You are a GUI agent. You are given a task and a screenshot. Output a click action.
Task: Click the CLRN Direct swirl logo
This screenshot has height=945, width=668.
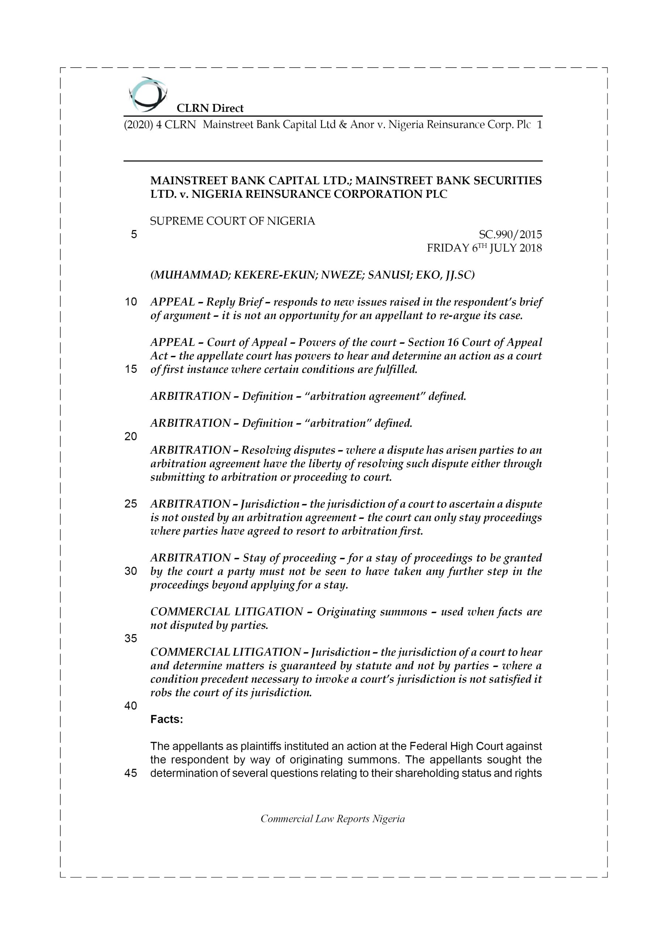147,94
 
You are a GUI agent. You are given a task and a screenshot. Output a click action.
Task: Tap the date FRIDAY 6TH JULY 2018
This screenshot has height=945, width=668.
484,248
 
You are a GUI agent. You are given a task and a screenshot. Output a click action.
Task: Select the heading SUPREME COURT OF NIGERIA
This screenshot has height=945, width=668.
233,221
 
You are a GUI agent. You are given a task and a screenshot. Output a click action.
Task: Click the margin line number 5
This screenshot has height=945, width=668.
134,235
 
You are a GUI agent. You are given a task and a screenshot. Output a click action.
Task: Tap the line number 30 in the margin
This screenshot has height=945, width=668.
131,571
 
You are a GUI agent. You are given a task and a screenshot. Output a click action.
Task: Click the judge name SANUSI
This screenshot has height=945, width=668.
388,275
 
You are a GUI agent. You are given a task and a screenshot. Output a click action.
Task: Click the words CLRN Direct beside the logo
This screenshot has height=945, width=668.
210,108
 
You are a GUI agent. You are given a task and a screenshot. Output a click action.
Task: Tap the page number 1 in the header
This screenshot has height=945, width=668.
539,125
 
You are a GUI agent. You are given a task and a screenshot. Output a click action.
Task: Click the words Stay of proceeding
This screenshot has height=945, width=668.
289,558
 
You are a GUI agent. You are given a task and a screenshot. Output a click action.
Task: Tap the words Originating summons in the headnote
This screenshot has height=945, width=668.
372,612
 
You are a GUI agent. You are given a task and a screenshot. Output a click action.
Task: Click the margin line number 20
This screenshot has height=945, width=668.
131,437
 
